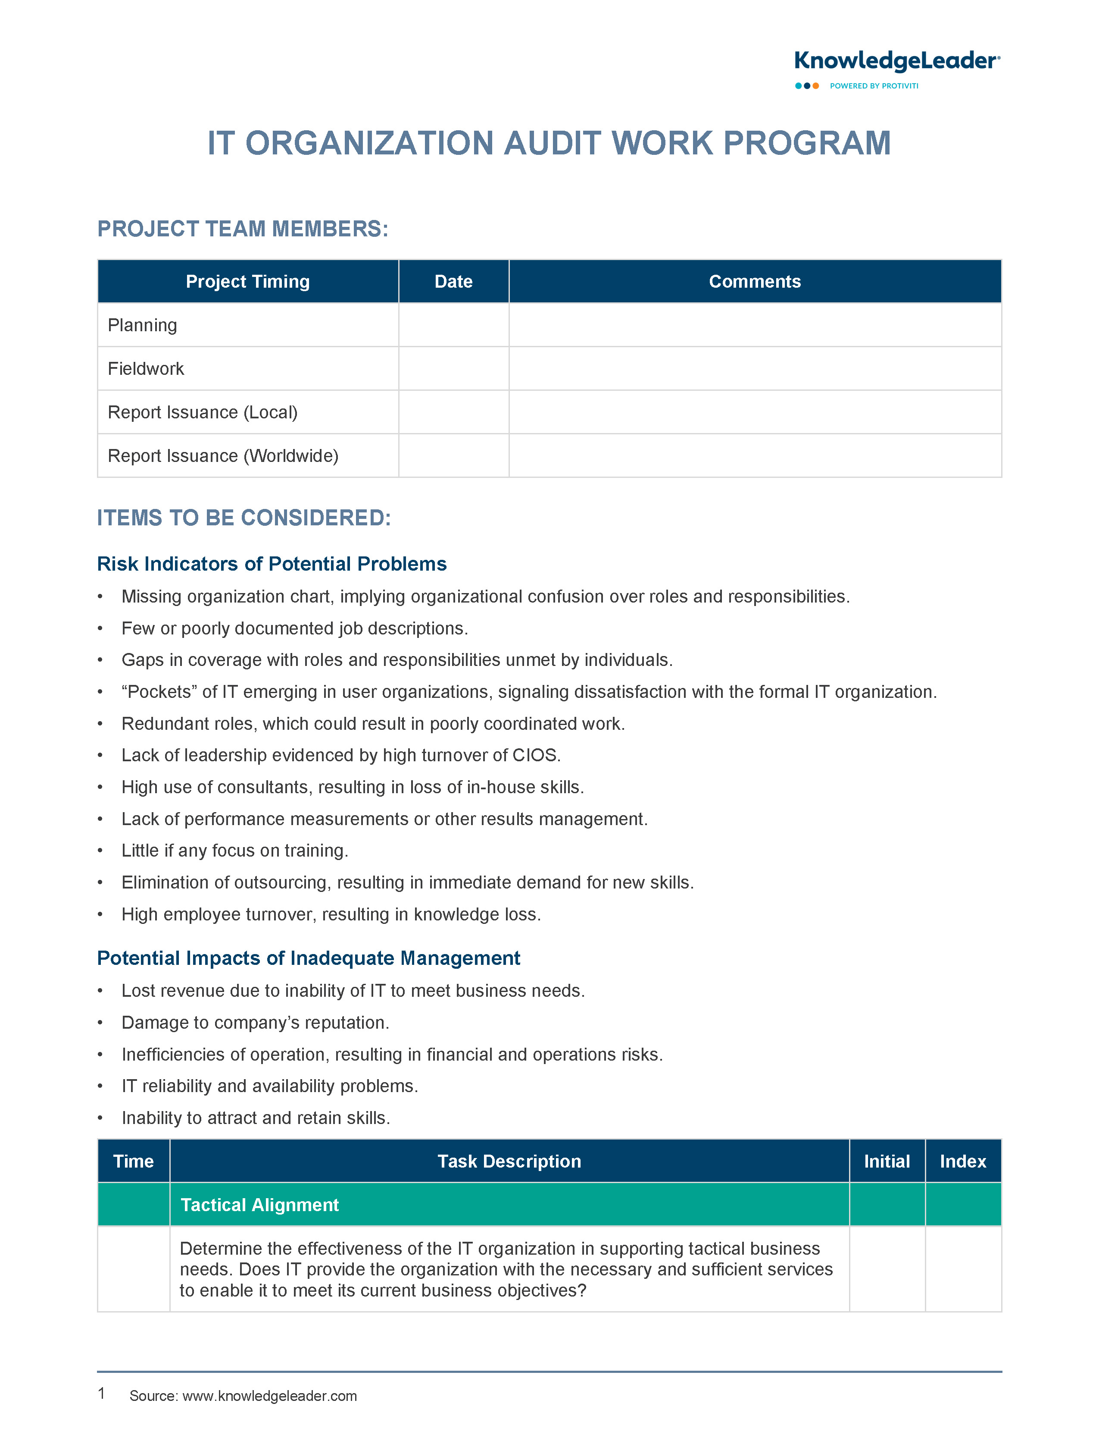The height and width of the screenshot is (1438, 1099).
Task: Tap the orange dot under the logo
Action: (x=816, y=86)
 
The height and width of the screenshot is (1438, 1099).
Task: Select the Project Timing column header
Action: (x=247, y=282)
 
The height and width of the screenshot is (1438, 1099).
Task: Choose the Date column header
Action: (x=453, y=282)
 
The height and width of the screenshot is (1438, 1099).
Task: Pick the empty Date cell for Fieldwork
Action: (x=453, y=368)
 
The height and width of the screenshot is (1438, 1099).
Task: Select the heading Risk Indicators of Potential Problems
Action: (x=272, y=564)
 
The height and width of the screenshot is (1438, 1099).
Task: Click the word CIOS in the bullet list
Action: (x=535, y=755)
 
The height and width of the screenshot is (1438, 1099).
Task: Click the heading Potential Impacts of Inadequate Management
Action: (x=308, y=958)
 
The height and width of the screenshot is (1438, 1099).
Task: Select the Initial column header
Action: (x=887, y=1161)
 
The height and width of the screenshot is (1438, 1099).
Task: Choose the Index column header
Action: (x=962, y=1161)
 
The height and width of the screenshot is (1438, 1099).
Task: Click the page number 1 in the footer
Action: (x=101, y=1394)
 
